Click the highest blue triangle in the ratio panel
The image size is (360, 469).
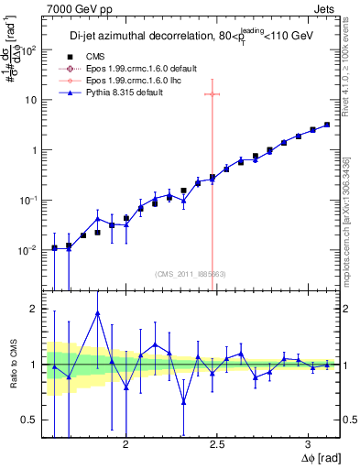click(x=97, y=313)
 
